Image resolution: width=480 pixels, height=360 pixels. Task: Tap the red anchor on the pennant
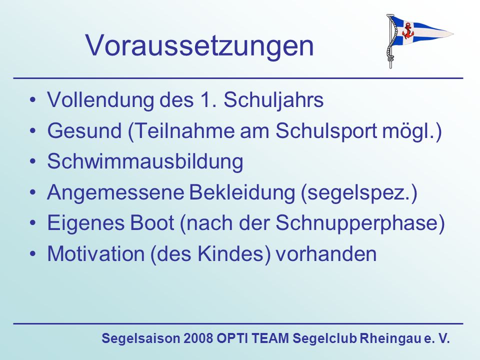click(407, 30)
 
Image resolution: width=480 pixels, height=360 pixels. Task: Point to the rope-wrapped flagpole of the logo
click(390, 41)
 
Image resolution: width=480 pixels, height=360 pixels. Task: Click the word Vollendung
click(100, 99)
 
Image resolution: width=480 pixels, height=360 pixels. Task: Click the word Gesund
click(84, 130)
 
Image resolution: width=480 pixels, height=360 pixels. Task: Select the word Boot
click(152, 222)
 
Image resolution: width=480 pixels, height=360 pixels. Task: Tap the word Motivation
click(96, 254)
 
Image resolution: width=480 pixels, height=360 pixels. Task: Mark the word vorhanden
click(326, 254)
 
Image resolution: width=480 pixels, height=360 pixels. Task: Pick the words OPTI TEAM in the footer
click(253, 338)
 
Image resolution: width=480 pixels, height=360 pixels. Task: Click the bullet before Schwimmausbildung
click(33, 161)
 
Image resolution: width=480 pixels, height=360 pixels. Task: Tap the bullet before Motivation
click(33, 254)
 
